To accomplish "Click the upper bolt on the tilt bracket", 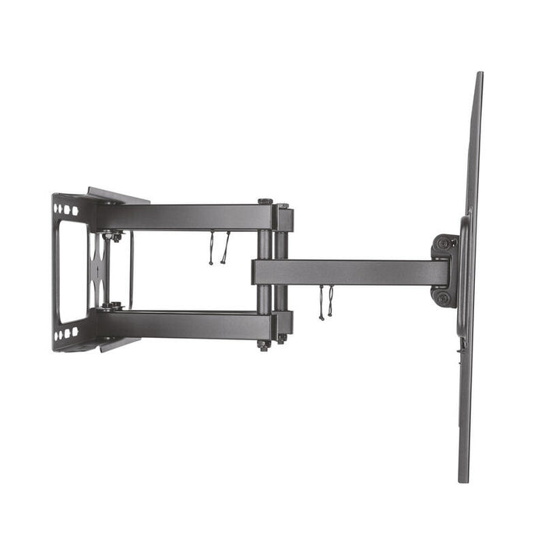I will pyautogui.click(x=443, y=244).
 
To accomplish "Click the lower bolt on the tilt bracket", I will pyautogui.click(x=443, y=297).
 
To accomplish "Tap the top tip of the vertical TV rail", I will pyautogui.click(x=479, y=75).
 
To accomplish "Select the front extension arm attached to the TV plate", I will pyautogui.click(x=350, y=272).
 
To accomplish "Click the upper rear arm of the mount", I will pyautogui.click(x=187, y=217).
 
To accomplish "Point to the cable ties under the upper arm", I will pyautogui.click(x=218, y=248).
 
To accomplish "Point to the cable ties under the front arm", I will pyautogui.click(x=325, y=301).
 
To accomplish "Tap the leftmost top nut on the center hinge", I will pyautogui.click(x=265, y=202).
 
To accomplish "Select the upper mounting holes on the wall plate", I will pyautogui.click(x=68, y=209).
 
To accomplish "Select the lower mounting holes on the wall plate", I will pyautogui.click(x=68, y=333).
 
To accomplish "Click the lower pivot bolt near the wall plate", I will pyautogui.click(x=114, y=307).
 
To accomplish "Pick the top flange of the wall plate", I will pyautogui.click(x=117, y=195).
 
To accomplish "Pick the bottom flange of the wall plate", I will pyautogui.click(x=117, y=344).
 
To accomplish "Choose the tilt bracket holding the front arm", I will pyautogui.click(x=444, y=270).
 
